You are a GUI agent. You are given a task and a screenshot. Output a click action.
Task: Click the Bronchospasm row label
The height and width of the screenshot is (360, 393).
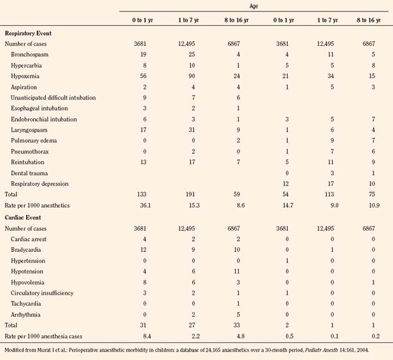(29, 55)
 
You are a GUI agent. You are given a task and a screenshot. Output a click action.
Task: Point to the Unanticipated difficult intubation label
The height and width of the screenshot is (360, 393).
(53, 98)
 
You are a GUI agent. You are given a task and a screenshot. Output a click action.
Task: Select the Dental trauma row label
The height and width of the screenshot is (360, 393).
(30, 173)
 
